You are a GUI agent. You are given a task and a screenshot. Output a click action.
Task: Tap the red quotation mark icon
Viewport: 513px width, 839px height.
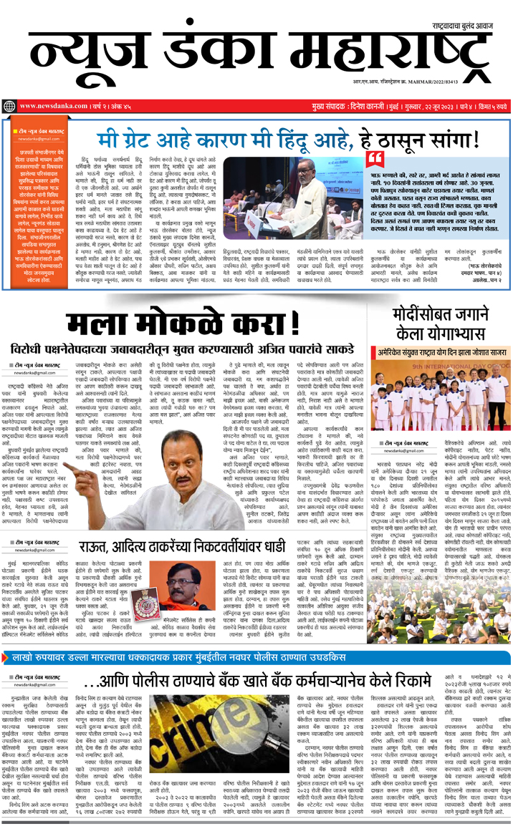[x=375, y=159]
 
